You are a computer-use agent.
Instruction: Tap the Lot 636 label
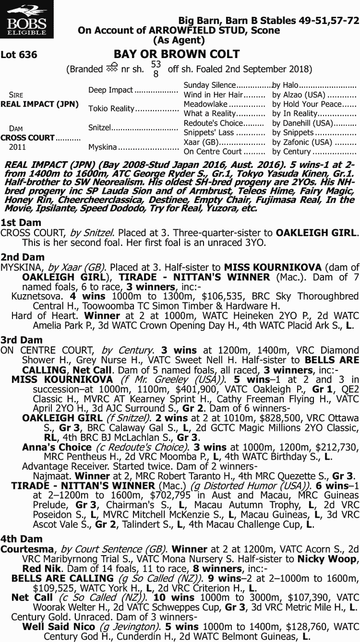(x=19, y=55)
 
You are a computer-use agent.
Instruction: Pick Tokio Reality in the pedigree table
(x=111, y=108)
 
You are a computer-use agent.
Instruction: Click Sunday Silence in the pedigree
(x=209, y=85)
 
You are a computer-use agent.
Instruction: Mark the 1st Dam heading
(x=21, y=223)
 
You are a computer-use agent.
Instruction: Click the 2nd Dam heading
(x=22, y=257)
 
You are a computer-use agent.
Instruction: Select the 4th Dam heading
(x=22, y=539)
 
